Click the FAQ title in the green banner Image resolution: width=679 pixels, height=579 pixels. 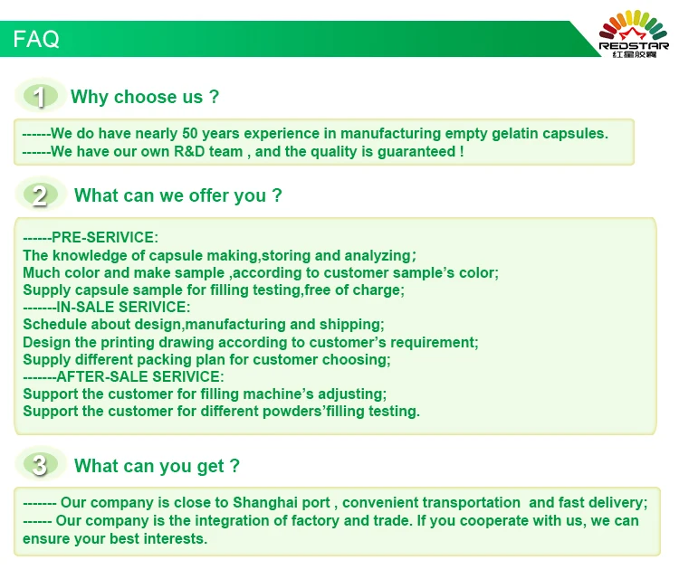[x=36, y=39]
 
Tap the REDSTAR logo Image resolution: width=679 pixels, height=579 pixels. [x=634, y=33]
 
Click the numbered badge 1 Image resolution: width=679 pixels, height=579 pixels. [x=40, y=96]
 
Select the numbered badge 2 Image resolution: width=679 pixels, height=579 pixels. [x=40, y=195]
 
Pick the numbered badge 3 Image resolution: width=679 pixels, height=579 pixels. [x=40, y=465]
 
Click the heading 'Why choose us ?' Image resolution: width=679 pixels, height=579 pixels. [x=145, y=97]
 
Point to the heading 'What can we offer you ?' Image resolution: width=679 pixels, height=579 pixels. [x=178, y=195]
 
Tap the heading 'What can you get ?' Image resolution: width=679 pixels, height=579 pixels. [x=157, y=466]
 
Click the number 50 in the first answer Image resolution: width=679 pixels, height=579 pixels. [x=190, y=133]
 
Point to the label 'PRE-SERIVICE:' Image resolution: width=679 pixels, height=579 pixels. [x=105, y=237]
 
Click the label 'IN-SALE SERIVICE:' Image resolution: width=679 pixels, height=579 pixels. [x=123, y=307]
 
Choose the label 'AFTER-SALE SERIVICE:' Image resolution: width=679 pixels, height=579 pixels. [x=140, y=376]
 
